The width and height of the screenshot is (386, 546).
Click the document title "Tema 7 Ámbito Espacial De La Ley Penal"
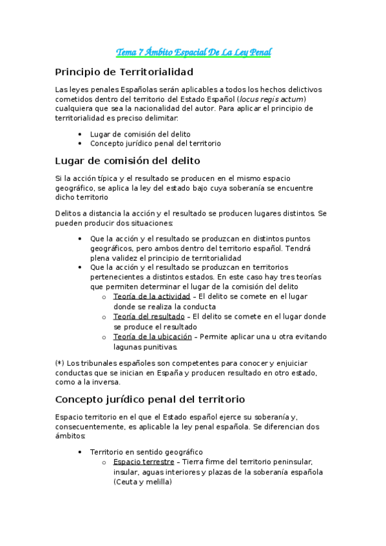pyautogui.click(x=193, y=52)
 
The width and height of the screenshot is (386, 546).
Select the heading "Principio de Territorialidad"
pyautogui.click(x=124, y=71)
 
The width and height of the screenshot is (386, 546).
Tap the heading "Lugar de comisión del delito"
pyautogui.click(x=128, y=160)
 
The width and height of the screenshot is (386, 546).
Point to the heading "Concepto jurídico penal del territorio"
pyautogui.click(x=150, y=399)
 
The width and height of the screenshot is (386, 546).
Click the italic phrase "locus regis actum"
pyautogui.click(x=271, y=99)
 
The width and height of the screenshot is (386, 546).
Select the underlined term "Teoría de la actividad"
pyautogui.click(x=151, y=296)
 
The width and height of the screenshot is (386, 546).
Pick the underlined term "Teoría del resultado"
pyautogui.click(x=150, y=317)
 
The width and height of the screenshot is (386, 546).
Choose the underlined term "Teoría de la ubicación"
pyautogui.click(x=152, y=337)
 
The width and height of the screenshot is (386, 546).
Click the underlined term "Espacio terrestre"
pyautogui.click(x=143, y=462)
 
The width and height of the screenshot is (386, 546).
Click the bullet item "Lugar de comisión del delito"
pyautogui.click(x=140, y=133)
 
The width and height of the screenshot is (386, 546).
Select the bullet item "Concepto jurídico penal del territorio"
pyautogui.click(x=155, y=143)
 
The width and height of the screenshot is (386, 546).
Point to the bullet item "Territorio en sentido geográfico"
pyautogui.click(x=146, y=452)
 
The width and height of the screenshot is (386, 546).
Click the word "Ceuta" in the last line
pyautogui.click(x=126, y=482)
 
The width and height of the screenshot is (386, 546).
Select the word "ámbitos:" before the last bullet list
pyautogui.click(x=71, y=436)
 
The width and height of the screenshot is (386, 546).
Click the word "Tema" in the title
pyautogui.click(x=125, y=52)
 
